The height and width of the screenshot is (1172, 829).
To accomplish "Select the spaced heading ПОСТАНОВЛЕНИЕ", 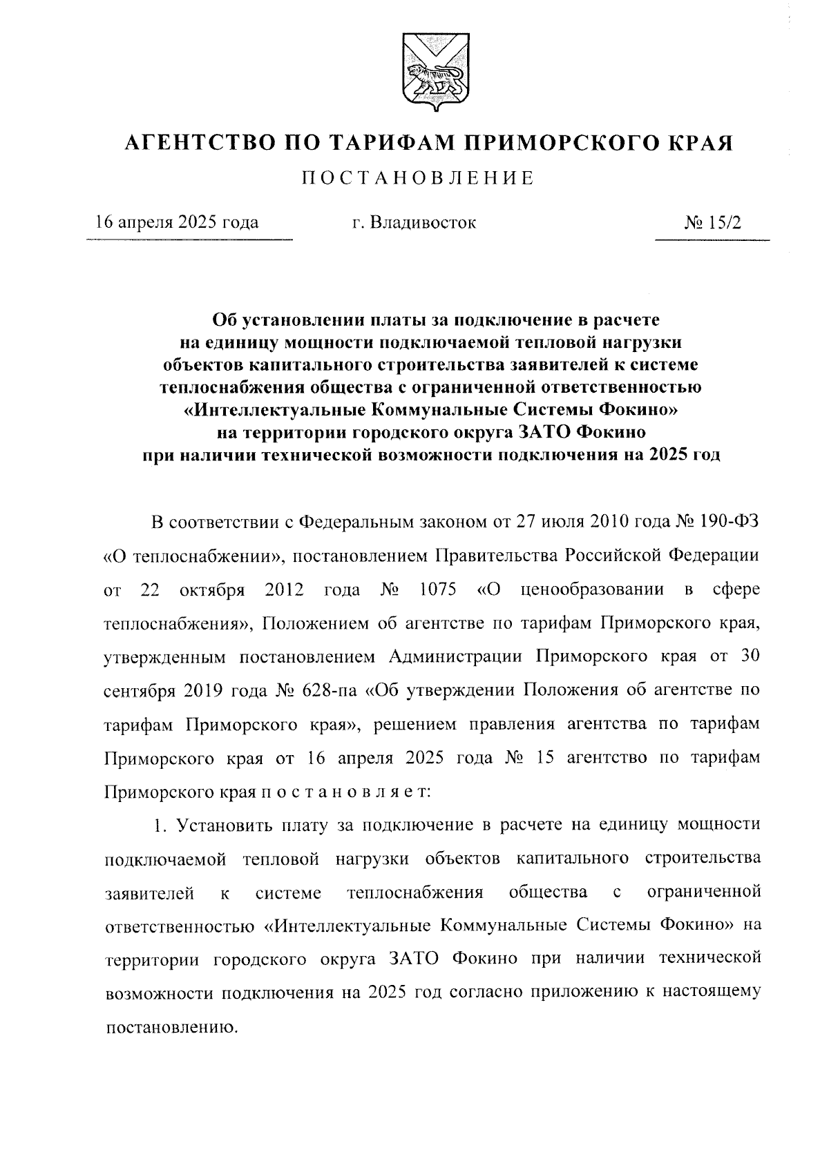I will pos(418,178).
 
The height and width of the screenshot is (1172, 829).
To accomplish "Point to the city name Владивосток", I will pos(423,222).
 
